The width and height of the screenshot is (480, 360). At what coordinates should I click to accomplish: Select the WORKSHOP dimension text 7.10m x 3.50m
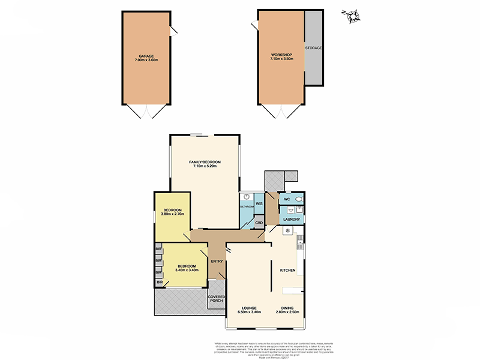pos(281,60)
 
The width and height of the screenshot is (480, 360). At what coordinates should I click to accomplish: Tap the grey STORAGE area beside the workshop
pos(313,47)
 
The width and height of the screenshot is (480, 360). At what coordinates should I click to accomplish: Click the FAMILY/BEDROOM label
pos(205,162)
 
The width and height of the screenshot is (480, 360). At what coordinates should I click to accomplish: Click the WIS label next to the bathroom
pos(259,204)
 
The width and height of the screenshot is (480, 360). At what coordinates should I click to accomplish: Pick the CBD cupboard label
pos(259,223)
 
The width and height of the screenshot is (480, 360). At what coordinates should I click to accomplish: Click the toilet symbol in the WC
pos(299,199)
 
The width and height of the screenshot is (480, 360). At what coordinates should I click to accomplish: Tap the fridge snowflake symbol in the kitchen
pos(287,230)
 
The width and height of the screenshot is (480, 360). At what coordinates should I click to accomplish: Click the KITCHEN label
pos(288,271)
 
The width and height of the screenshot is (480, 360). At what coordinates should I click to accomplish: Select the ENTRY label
pos(216,262)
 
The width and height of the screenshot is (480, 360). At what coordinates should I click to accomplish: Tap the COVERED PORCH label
pos(216,299)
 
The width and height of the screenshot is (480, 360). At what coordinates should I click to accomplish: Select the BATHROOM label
pos(247,206)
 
